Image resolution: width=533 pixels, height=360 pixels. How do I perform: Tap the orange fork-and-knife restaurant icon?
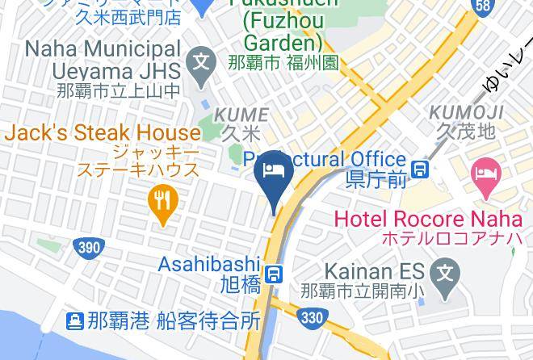[163, 202]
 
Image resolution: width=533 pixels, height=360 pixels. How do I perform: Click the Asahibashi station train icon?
[275, 274]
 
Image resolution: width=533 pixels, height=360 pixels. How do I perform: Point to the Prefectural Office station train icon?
[420, 169]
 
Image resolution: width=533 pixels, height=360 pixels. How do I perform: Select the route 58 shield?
[483, 6]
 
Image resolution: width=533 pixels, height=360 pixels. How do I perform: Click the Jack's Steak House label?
[103, 132]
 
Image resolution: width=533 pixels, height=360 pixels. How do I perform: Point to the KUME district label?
[240, 116]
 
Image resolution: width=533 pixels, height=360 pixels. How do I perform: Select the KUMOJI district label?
[467, 112]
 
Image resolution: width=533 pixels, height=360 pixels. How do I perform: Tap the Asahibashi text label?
[209, 264]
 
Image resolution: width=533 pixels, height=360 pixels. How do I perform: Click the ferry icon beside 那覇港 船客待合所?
[75, 321]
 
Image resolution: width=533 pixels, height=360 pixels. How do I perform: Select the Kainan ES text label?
[376, 273]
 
